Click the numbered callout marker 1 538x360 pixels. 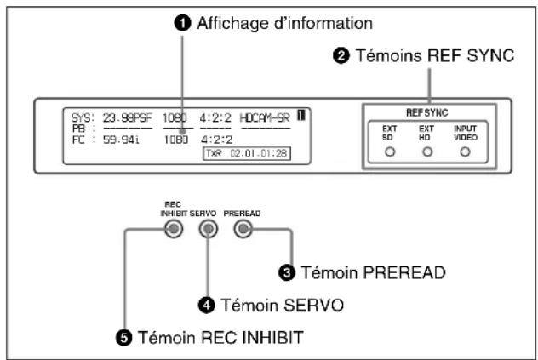(182, 23)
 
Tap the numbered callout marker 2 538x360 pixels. (341, 55)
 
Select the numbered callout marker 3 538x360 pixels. (287, 273)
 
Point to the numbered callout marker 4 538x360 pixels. (207, 305)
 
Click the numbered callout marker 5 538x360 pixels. (124, 338)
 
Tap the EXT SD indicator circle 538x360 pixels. (390, 151)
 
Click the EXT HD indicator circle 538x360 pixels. (427, 151)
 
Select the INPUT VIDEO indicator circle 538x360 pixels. (465, 151)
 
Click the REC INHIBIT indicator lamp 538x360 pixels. (174, 229)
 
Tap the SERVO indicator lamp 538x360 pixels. (209, 229)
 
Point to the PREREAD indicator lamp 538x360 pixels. (243, 229)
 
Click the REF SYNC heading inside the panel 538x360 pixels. (427, 112)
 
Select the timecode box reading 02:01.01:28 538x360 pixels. (247, 153)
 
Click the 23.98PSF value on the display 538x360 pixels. (128, 118)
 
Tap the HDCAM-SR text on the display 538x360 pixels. (265, 118)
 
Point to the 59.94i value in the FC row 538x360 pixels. (121, 140)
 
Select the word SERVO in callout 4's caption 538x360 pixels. (282, 305)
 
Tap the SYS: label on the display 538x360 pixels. (83, 118)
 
